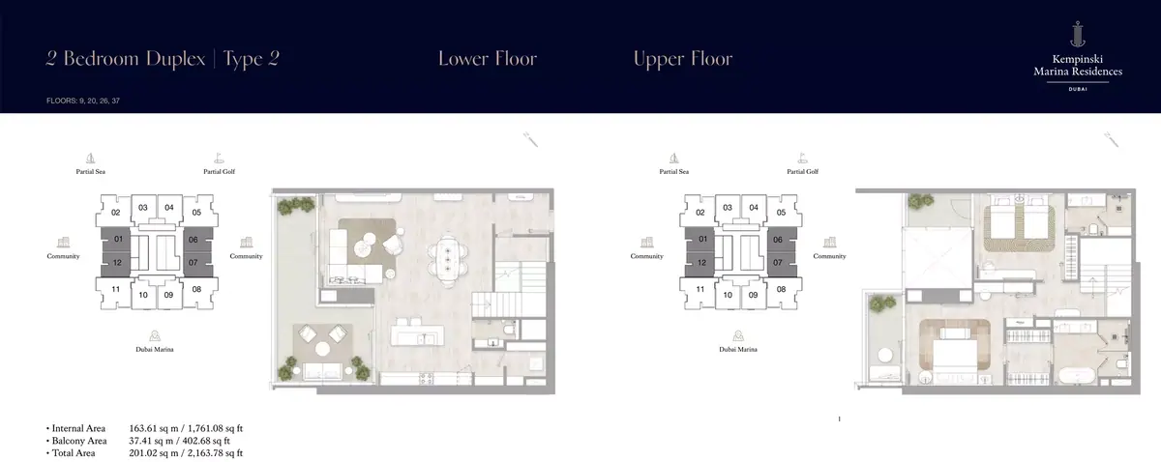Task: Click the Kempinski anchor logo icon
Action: point(1078,34)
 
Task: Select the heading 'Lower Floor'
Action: point(488,59)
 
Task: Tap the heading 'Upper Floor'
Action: point(683,59)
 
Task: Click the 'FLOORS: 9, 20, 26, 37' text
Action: point(83,101)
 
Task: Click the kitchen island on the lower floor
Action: point(417,334)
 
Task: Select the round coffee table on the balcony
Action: point(322,349)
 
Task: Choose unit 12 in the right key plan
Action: point(700,263)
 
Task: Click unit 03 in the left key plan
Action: point(143,208)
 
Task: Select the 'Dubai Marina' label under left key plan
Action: point(155,349)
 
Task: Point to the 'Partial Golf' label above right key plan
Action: point(802,171)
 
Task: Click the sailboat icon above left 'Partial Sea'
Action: point(90,158)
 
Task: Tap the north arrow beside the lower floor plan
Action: point(530,139)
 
